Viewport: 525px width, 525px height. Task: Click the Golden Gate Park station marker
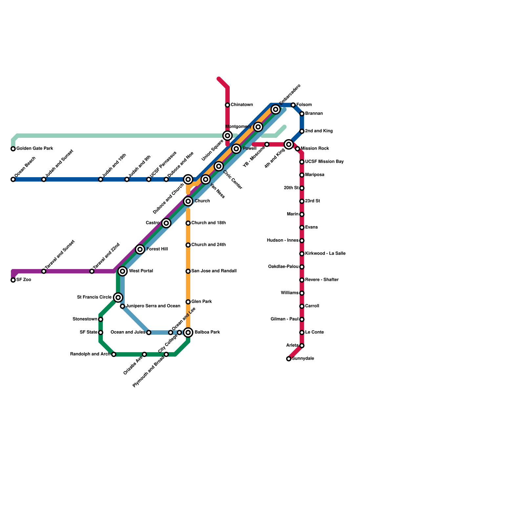pyautogui.click(x=13, y=149)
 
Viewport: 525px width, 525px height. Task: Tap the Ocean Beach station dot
pyautogui.click(x=13, y=179)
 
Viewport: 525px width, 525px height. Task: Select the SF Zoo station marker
pyautogui.click(x=13, y=280)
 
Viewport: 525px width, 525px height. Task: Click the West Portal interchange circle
pyautogui.click(x=122, y=271)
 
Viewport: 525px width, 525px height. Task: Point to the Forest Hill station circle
pyautogui.click(x=140, y=249)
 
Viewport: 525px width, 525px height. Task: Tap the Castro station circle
pyautogui.click(x=166, y=223)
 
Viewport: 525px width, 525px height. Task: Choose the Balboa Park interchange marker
pyautogui.click(x=188, y=333)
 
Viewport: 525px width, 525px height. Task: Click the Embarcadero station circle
pyautogui.click(x=276, y=109)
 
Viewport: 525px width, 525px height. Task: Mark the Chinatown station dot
pyautogui.click(x=227, y=105)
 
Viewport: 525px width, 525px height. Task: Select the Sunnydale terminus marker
pyautogui.click(x=289, y=359)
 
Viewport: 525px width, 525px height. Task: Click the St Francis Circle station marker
pyautogui.click(x=118, y=298)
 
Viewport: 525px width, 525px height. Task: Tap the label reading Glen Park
pyautogui.click(x=201, y=302)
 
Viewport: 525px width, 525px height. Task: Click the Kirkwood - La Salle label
pyautogui.click(x=325, y=254)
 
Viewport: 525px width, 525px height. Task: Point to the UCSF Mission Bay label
pyautogui.click(x=324, y=162)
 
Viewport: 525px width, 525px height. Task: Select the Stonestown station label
pyautogui.click(x=85, y=319)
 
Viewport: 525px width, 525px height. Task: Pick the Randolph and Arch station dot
pyautogui.click(x=114, y=354)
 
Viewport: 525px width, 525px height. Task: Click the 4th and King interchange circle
pyautogui.click(x=289, y=144)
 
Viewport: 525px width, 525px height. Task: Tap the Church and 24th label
pyautogui.click(x=208, y=245)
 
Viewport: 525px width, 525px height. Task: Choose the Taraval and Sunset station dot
pyautogui.click(x=44, y=271)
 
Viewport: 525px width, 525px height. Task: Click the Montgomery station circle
pyautogui.click(x=258, y=127)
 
